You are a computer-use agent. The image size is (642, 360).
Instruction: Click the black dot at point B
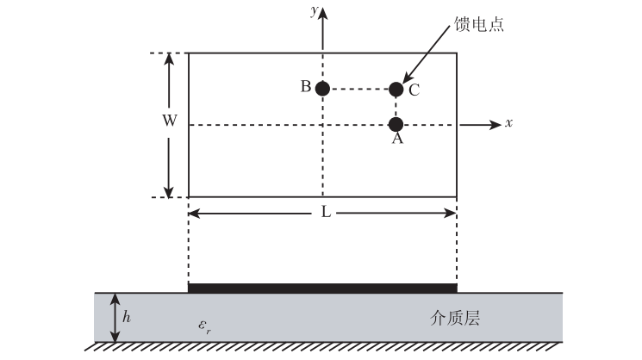[x=322, y=89]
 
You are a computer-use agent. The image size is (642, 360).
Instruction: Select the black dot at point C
[x=396, y=89]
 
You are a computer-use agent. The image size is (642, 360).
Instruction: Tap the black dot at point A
[x=396, y=125]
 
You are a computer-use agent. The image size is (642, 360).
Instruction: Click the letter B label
[x=305, y=87]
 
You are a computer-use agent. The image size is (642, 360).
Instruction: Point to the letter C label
[x=414, y=90]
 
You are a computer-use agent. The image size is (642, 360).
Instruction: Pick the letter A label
[x=397, y=140]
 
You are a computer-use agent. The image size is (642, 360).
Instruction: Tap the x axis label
[x=509, y=124]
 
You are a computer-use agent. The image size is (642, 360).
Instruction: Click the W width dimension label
[x=170, y=121]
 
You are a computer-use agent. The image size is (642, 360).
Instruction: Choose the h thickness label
[x=127, y=317]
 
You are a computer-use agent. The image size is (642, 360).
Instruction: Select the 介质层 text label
[x=454, y=318]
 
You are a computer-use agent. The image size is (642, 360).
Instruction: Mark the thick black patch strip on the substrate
[x=322, y=288]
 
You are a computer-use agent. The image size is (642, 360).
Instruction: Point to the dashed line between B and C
[x=359, y=89]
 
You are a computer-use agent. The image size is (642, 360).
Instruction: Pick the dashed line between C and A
[x=396, y=107]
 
